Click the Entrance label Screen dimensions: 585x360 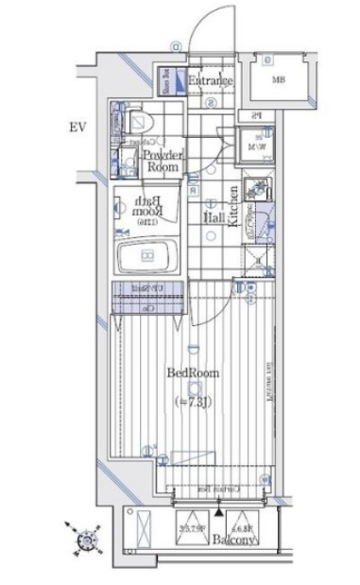(210, 81)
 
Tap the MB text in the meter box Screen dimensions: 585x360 (279, 79)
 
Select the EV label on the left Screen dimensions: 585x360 (77, 126)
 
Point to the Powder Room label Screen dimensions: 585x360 (162, 161)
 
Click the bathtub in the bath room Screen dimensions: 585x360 (146, 254)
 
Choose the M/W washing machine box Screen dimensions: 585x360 (258, 143)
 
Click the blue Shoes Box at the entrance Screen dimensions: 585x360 (163, 81)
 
